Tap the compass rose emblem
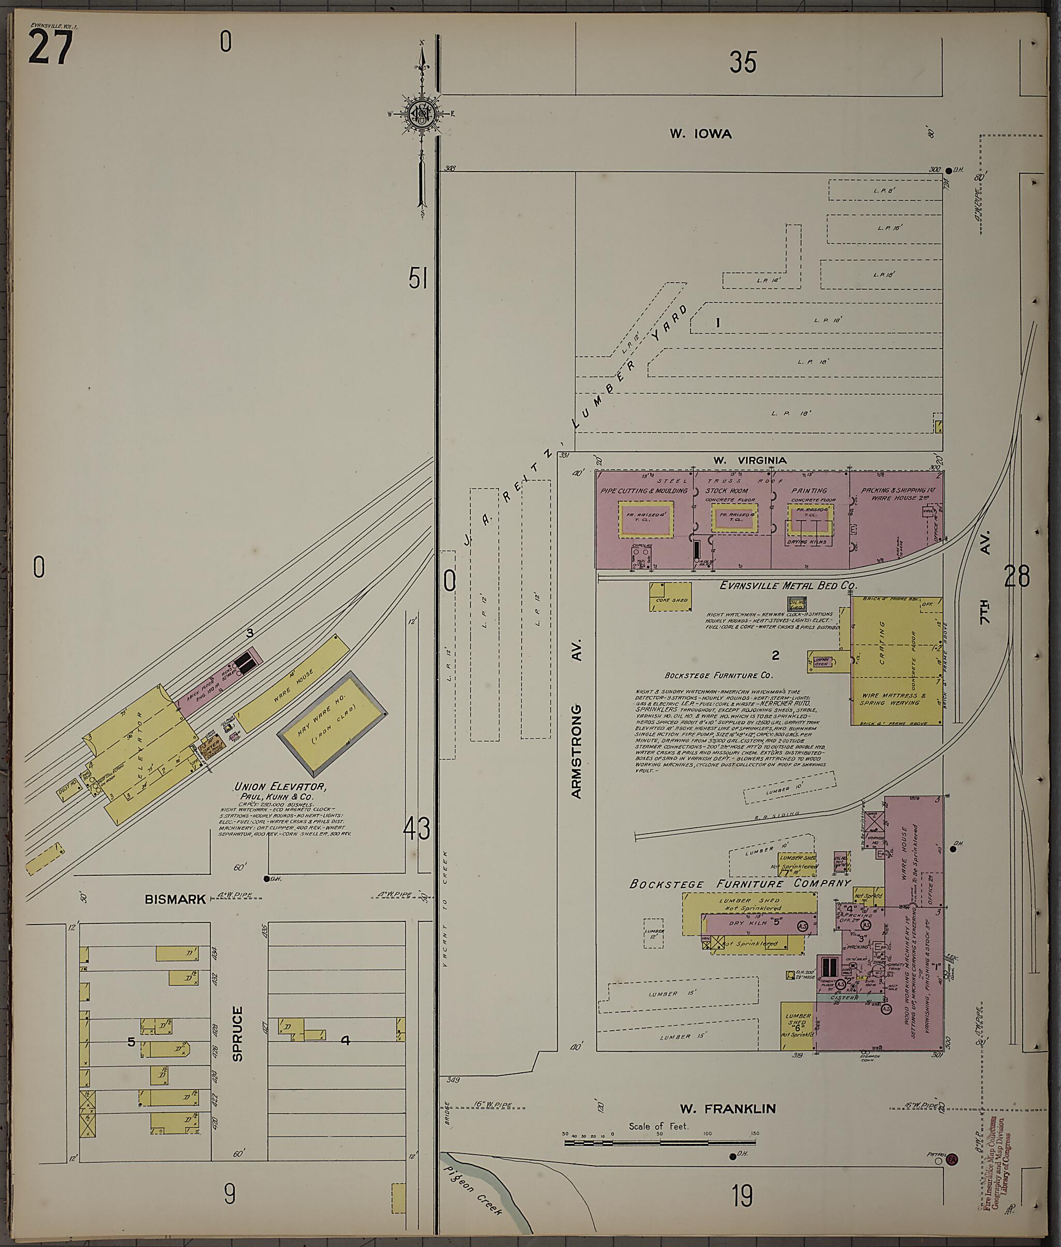(x=422, y=113)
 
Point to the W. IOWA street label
(x=701, y=134)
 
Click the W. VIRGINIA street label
(x=750, y=460)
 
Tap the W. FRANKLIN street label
(x=727, y=1109)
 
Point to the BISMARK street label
(x=175, y=899)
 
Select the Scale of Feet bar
(x=660, y=1142)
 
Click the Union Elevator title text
(x=280, y=787)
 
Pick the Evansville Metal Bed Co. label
(x=788, y=585)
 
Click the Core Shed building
(x=669, y=596)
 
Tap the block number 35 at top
(x=743, y=62)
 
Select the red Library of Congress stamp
(x=999, y=1164)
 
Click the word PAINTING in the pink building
(x=809, y=491)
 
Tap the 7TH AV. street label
(x=985, y=605)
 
